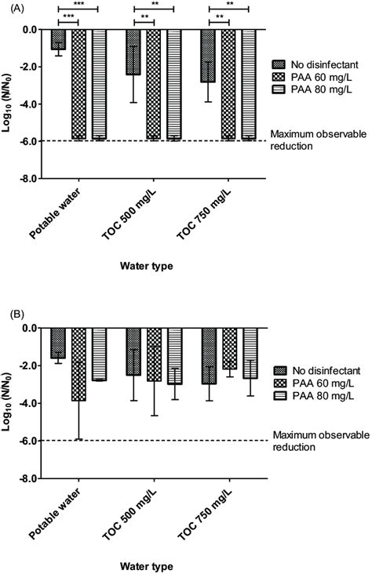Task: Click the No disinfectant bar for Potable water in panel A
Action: [58, 40]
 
